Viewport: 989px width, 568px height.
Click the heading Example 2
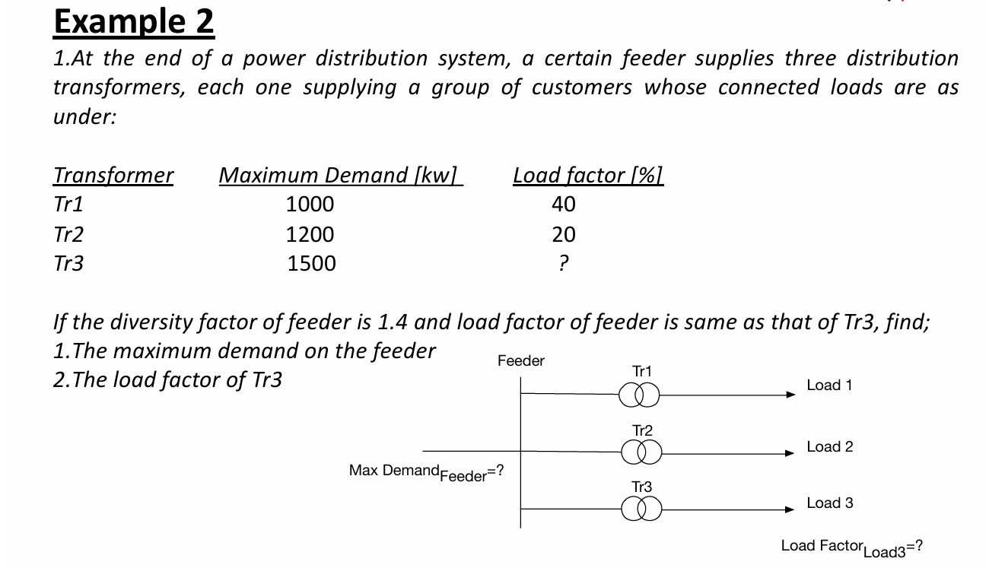(x=134, y=22)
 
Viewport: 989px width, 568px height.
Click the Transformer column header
(x=113, y=176)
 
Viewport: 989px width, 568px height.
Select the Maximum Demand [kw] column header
(x=340, y=176)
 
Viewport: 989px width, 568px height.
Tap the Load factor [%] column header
(x=588, y=176)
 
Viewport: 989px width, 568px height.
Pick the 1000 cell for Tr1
(x=310, y=205)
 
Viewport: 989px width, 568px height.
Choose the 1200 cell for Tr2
(x=310, y=234)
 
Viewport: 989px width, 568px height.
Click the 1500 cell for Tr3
(x=311, y=264)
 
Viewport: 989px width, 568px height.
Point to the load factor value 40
(x=564, y=205)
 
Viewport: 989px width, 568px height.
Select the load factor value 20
(x=564, y=234)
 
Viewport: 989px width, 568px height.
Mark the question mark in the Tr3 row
(x=563, y=264)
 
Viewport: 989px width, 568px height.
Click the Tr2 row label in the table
(x=68, y=234)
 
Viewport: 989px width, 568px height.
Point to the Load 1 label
(x=829, y=386)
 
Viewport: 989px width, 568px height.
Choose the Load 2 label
(x=830, y=447)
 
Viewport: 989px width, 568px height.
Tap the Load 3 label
(x=830, y=503)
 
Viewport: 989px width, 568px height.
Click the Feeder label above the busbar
(x=521, y=361)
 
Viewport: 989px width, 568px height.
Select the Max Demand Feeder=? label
(x=426, y=472)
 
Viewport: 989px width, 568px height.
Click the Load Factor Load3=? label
(x=852, y=547)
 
